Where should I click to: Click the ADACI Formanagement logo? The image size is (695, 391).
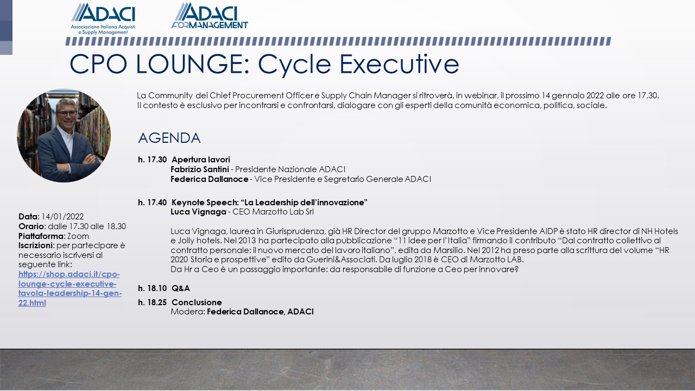(x=210, y=16)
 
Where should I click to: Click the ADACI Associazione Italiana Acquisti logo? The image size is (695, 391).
(x=103, y=18)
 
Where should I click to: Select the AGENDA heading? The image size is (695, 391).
(x=169, y=138)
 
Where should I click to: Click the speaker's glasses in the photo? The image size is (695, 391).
(x=66, y=113)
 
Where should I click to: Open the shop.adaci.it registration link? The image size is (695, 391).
(x=69, y=288)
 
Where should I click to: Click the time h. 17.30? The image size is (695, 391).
(x=153, y=160)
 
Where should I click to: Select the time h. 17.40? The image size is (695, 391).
(x=153, y=203)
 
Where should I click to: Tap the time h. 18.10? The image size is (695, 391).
(x=153, y=288)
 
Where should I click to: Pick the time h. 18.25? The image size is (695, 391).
(x=153, y=302)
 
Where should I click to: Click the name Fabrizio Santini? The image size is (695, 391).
(x=200, y=169)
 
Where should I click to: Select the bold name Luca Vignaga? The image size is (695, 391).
(x=198, y=212)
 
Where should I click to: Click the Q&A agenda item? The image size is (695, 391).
(x=181, y=288)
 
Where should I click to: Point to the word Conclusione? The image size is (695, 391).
(x=197, y=302)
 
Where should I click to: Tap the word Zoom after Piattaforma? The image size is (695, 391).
(x=78, y=236)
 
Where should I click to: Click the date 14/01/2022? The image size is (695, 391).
(x=62, y=217)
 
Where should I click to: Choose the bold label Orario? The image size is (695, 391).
(x=31, y=226)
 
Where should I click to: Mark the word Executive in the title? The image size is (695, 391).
(x=399, y=64)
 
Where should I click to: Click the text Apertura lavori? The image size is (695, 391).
(x=201, y=160)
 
